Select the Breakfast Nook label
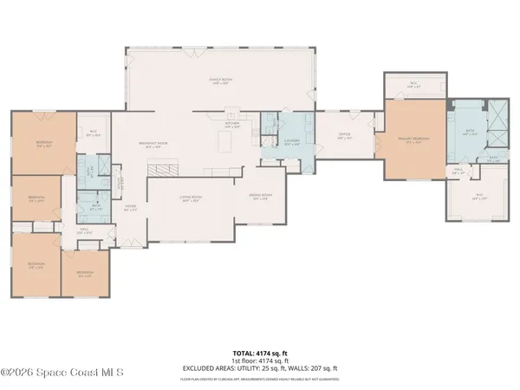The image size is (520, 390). [x=153, y=145]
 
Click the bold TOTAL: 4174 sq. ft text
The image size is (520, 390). [x=260, y=353]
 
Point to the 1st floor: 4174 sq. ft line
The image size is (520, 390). [x=260, y=360]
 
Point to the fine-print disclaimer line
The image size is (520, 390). [x=260, y=379]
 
